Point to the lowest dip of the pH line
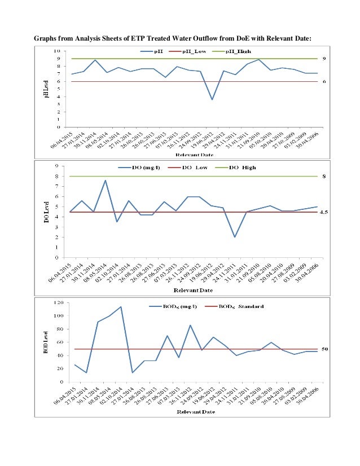click(212, 99)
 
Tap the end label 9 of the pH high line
click(324, 59)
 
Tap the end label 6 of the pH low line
click(324, 81)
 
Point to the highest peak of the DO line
click(105, 181)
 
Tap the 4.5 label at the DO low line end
click(324, 212)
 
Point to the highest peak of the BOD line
click(121, 307)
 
